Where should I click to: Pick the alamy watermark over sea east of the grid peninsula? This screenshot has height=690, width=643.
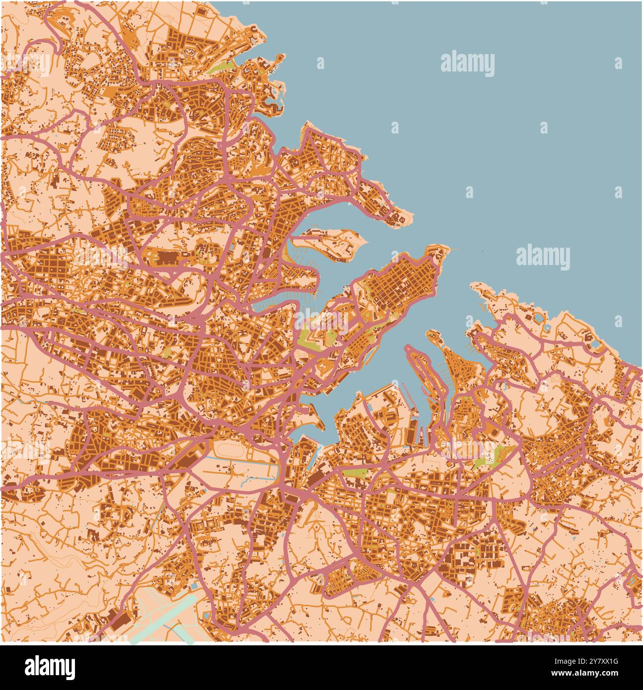click(543, 257)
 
